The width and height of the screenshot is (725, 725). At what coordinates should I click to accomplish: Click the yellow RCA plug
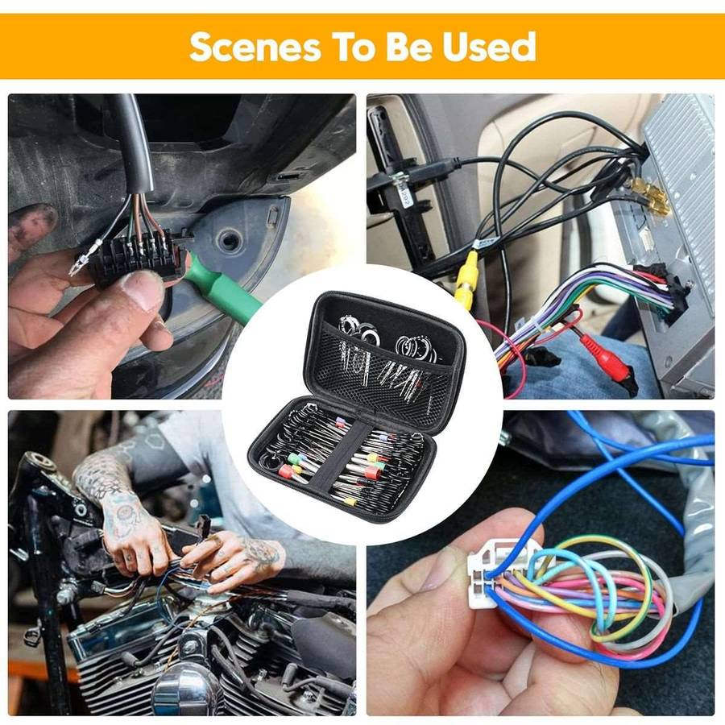466,278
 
